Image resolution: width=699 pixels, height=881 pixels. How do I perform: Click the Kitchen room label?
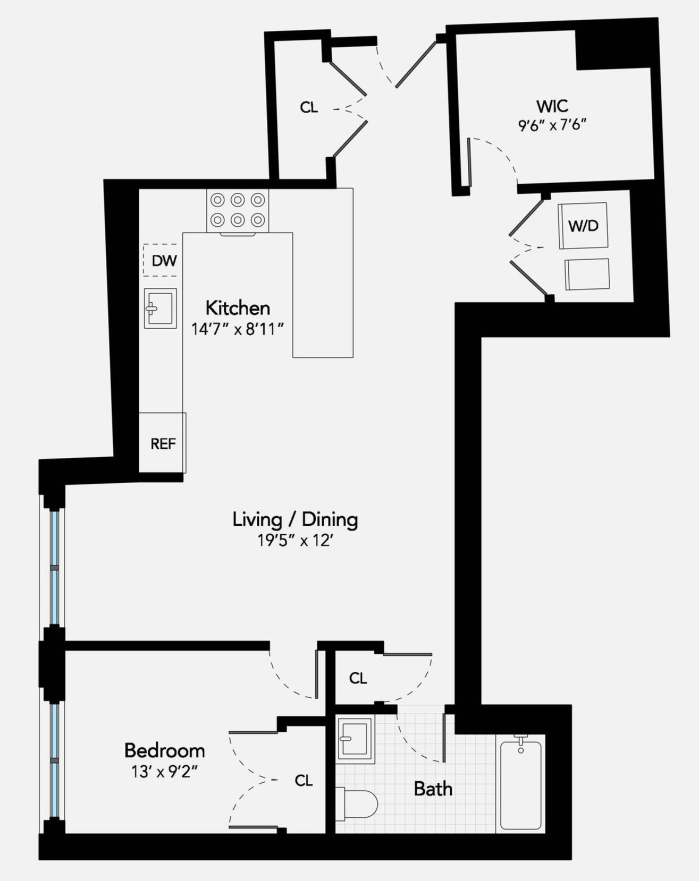[x=238, y=308]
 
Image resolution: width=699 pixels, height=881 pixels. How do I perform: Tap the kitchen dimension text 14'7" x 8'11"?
[x=237, y=329]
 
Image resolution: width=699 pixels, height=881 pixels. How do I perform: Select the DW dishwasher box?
[x=161, y=260]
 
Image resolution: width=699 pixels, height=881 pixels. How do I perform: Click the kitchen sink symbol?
[x=160, y=309]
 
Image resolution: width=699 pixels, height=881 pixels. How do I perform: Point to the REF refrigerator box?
[x=162, y=443]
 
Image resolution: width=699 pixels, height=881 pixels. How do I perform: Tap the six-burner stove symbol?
[x=238, y=210]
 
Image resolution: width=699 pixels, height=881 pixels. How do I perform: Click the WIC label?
[x=552, y=106]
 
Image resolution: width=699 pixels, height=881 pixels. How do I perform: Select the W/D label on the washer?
[x=583, y=226]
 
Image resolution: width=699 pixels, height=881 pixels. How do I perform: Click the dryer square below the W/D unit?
[x=586, y=274]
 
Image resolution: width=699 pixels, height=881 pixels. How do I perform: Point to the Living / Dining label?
[x=295, y=519]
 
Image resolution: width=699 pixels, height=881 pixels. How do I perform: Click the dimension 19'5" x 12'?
[x=295, y=541]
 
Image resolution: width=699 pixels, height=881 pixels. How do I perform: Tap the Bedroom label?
[x=164, y=750]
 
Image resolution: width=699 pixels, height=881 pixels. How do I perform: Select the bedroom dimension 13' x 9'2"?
[x=164, y=772]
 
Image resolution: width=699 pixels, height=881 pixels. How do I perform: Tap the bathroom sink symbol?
[x=355, y=738]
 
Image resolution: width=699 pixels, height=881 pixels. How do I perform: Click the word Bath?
[x=433, y=789]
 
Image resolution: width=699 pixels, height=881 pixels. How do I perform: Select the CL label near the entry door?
[x=309, y=108]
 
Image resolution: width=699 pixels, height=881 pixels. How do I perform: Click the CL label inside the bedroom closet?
[x=304, y=780]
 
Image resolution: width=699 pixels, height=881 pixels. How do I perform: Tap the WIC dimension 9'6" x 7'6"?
[x=552, y=126]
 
